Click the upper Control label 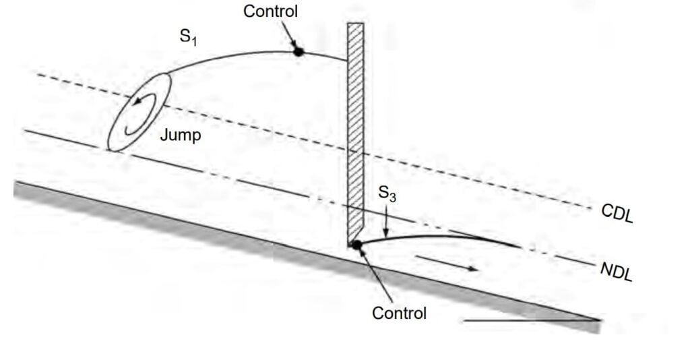point(270,11)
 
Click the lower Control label point(399,313)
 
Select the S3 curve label point(387,194)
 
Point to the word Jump point(181,136)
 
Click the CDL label point(617,212)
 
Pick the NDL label point(616,271)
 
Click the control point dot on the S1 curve point(299,51)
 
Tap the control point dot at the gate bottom point(357,244)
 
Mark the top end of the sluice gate point(355,25)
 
